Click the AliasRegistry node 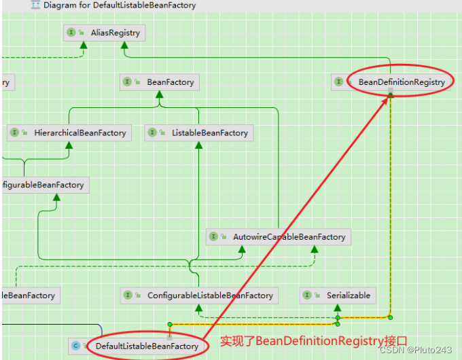(105, 32)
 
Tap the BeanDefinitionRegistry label (402, 82)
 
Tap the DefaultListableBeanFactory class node (147, 346)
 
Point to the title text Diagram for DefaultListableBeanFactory (120, 5)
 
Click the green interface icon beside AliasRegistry (71, 32)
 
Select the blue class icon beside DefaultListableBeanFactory (75, 346)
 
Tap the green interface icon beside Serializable (308, 295)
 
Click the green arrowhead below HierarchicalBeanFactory (69, 146)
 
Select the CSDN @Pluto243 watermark (416, 350)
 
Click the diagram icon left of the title (35, 5)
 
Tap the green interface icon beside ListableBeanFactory (153, 133)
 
